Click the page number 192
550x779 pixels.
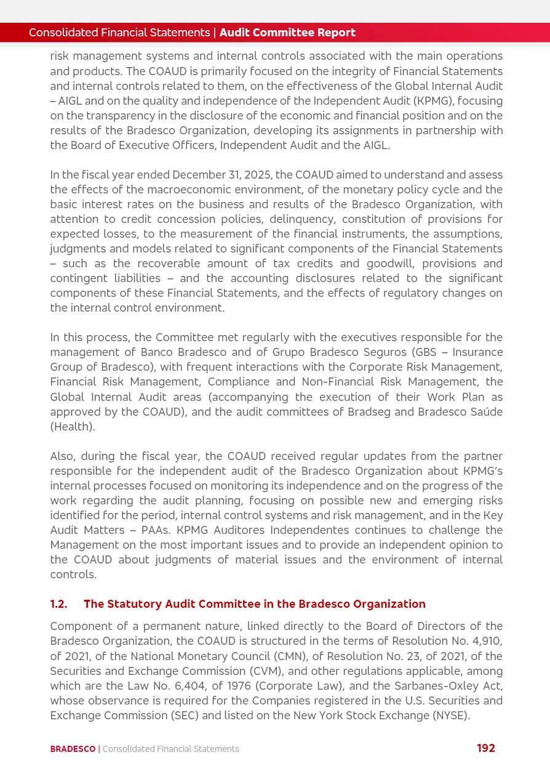coord(485,748)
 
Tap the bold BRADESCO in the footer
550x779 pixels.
coord(73,749)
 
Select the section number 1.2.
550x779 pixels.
coord(58,604)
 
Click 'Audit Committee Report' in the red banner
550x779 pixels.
coord(287,33)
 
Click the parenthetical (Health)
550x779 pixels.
coord(73,427)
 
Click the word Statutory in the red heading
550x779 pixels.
coord(135,604)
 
